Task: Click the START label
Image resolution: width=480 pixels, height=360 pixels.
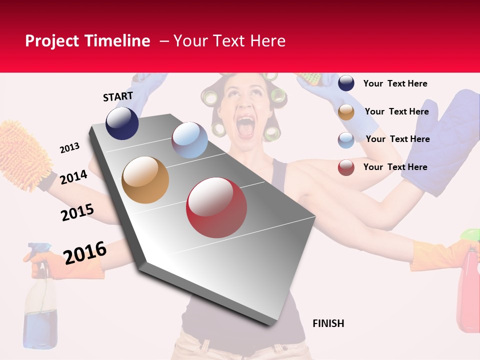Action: point(118,96)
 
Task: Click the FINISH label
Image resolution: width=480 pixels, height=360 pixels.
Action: point(328,323)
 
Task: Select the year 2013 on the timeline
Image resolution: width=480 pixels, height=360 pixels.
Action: point(69,148)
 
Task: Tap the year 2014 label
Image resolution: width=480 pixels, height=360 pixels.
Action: point(73,177)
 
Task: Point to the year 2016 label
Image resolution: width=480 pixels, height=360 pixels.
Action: point(85,252)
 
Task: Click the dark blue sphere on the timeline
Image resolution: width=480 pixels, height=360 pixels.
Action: point(122,123)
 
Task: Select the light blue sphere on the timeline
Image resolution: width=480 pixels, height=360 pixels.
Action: point(189,140)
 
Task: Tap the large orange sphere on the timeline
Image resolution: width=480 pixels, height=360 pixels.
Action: point(145,180)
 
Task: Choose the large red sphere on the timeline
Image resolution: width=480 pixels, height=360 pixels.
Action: point(216,207)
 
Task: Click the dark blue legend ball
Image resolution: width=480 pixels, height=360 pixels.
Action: point(346,83)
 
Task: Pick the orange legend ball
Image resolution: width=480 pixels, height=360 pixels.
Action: point(346,112)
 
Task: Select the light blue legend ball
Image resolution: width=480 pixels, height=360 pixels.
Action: point(346,140)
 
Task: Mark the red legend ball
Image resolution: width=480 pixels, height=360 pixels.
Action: point(346,167)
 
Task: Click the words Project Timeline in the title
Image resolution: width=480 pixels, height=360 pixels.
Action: point(87,41)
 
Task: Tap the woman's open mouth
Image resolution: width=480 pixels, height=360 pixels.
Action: point(246,126)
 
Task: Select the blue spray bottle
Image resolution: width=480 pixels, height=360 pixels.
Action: point(40,305)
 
